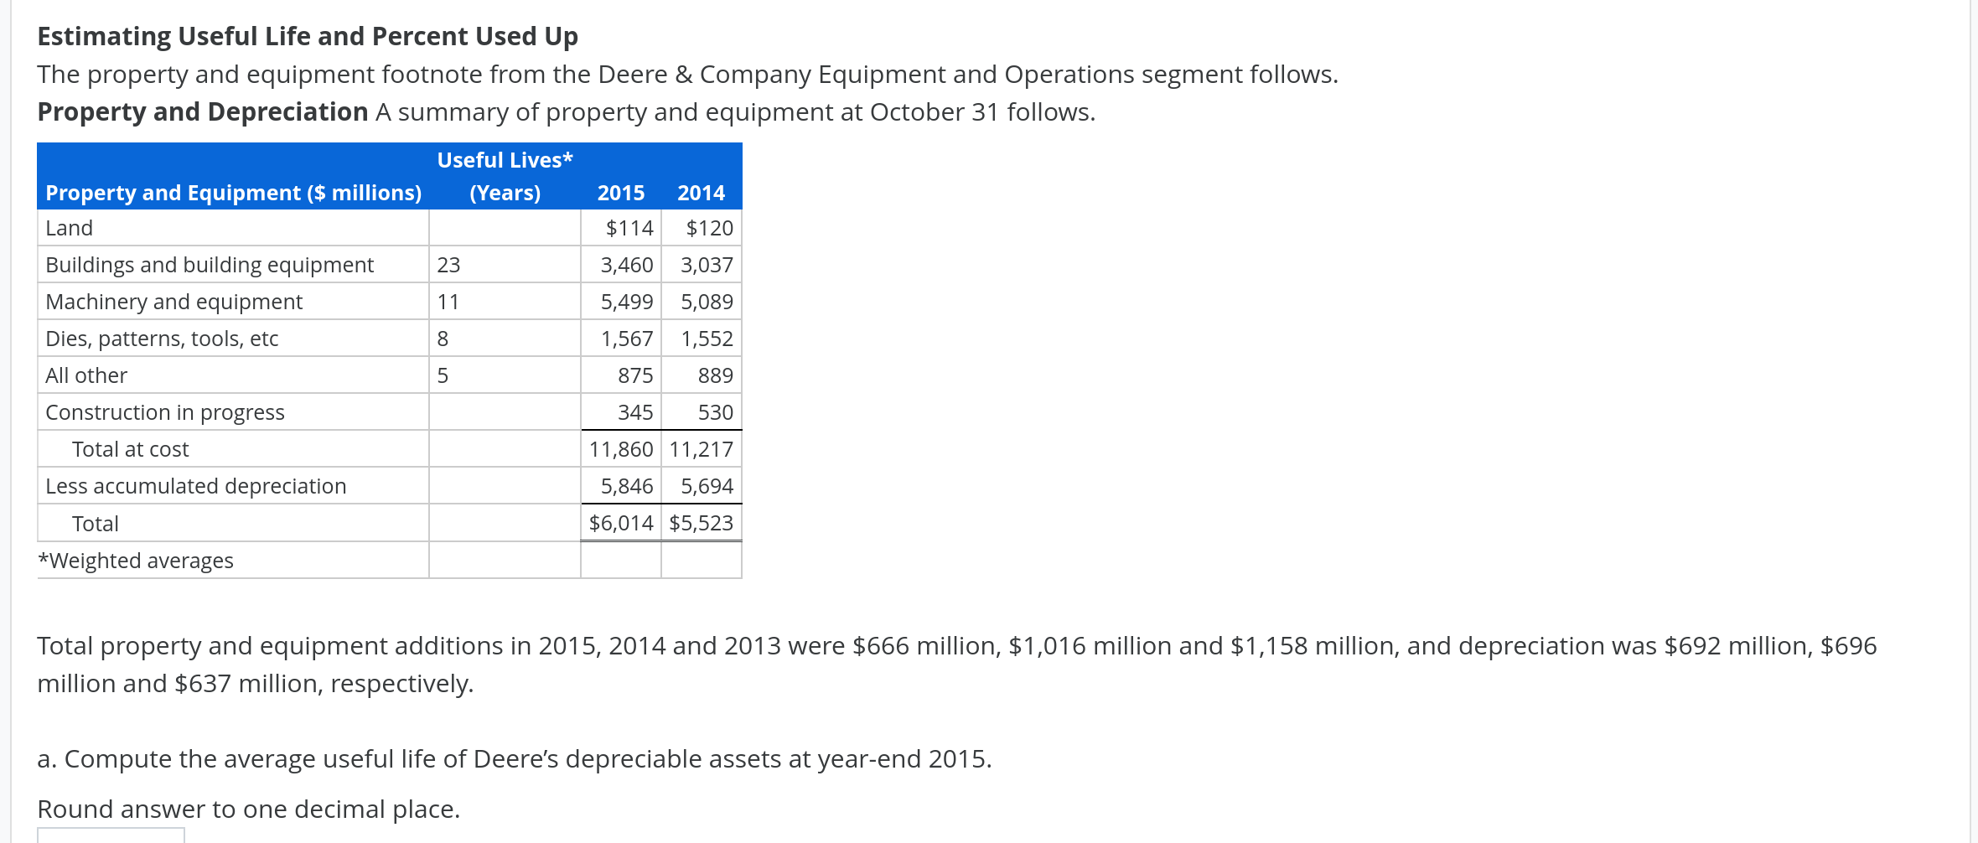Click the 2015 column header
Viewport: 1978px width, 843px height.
pos(620,193)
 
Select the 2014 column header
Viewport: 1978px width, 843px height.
pos(701,193)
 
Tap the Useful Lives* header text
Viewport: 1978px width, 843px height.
pos(505,160)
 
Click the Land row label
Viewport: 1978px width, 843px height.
pos(70,228)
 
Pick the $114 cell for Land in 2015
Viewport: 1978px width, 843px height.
pos(629,228)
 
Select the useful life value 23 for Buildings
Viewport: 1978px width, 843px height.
pos(448,265)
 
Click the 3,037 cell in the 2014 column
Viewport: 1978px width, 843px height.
pos(707,265)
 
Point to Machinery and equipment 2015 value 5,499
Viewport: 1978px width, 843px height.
pos(626,302)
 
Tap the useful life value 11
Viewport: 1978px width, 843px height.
pos(448,302)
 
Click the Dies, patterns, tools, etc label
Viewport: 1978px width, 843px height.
pos(162,339)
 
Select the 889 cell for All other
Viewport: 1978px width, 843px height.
pos(715,375)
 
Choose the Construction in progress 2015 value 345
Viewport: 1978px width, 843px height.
pos(634,412)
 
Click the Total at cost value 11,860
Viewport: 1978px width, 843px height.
pos(620,449)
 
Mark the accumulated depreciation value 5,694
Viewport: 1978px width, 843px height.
pos(707,486)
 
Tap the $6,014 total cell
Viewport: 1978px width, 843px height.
pos(620,523)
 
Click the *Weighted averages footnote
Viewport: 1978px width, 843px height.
pos(136,561)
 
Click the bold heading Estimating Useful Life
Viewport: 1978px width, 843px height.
pos(308,36)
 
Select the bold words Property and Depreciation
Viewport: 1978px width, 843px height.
pos(203,111)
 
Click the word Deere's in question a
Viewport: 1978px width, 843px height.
pos(520,758)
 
